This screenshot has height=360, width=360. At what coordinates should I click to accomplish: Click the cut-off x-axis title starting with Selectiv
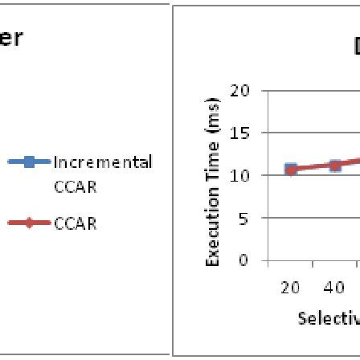[x=326, y=318]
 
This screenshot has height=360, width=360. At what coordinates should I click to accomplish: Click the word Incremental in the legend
[x=102, y=162]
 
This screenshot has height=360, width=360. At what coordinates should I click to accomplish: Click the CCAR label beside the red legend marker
[x=75, y=224]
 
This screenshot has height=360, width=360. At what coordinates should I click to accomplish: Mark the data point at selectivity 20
[x=291, y=169]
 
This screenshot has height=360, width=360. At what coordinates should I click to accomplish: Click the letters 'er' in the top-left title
[x=14, y=38]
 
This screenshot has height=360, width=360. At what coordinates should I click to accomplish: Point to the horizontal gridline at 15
[x=313, y=133]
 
